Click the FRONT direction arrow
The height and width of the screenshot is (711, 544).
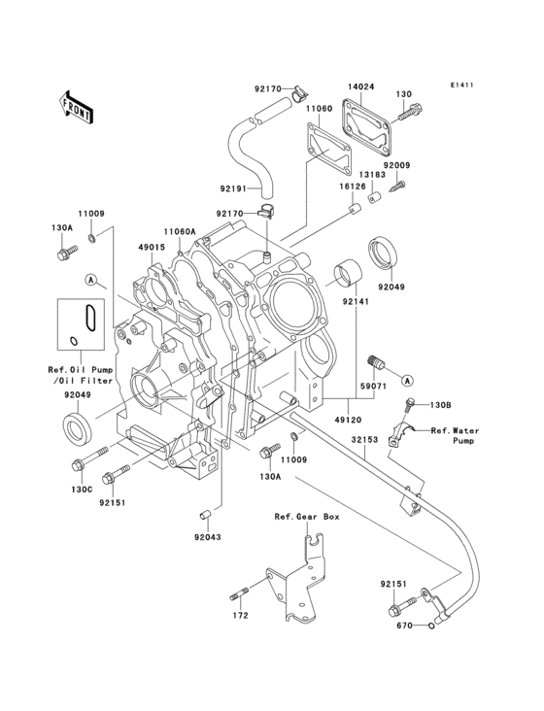click(78, 106)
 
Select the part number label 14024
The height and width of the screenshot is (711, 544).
click(362, 85)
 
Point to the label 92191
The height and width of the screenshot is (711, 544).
click(234, 188)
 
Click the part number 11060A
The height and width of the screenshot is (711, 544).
click(180, 231)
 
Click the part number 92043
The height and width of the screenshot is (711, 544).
click(206, 535)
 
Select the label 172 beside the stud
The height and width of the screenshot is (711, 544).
click(240, 615)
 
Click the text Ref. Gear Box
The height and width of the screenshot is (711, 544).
click(306, 519)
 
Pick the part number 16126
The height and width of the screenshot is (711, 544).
click(351, 186)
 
